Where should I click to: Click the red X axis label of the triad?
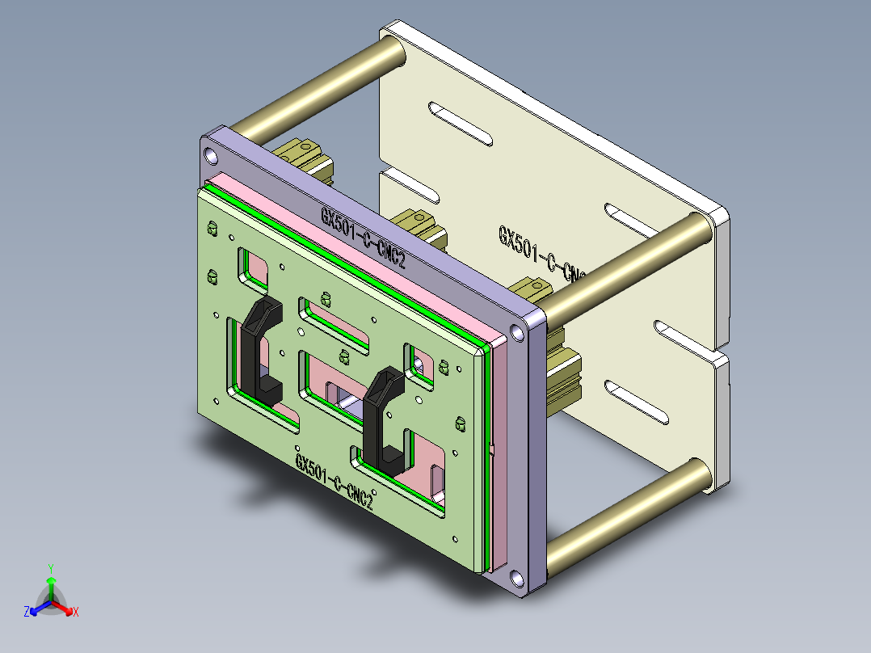click(x=75, y=612)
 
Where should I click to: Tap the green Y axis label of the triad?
click(x=50, y=568)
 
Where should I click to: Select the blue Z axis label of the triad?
click(x=27, y=612)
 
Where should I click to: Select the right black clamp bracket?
click(x=381, y=416)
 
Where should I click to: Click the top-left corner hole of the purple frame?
click(x=211, y=154)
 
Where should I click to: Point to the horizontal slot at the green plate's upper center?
click(x=334, y=323)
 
